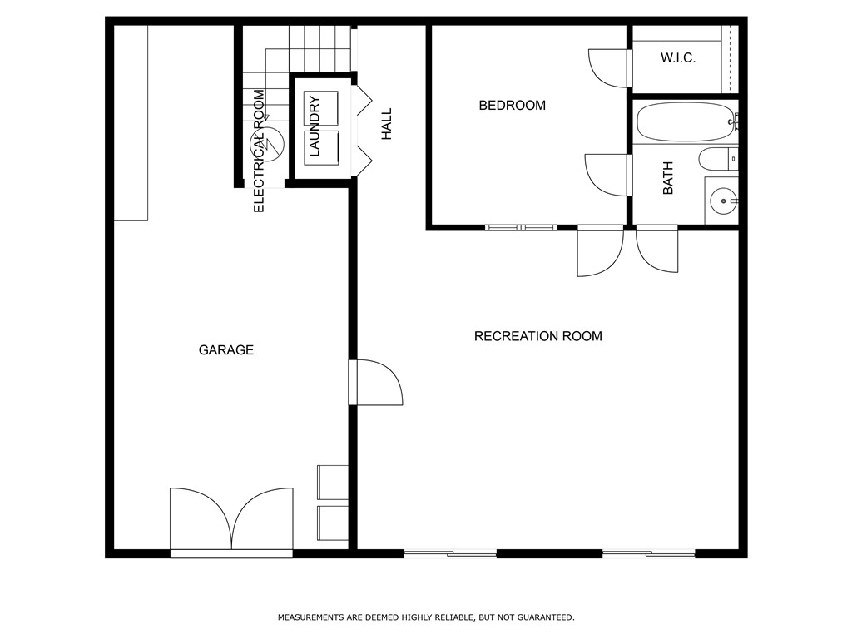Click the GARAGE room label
(225, 350)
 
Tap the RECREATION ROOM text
(537, 336)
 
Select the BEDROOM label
(512, 106)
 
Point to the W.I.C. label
(677, 58)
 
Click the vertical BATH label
(668, 178)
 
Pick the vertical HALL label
(386, 123)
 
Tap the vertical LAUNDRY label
(315, 126)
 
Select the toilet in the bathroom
(716, 158)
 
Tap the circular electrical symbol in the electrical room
(272, 143)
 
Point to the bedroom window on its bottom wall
(521, 226)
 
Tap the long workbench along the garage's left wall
(131, 122)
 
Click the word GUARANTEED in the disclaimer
(545, 617)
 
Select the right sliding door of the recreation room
(649, 553)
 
